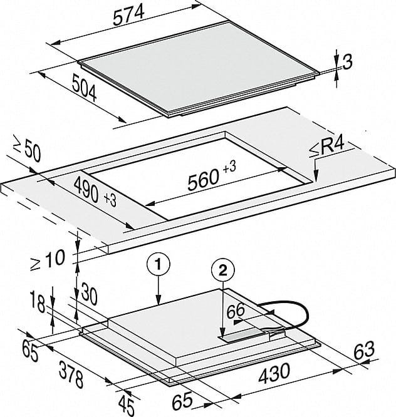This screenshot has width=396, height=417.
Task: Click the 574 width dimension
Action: click(128, 15)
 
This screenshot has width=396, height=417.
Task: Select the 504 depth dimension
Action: click(85, 88)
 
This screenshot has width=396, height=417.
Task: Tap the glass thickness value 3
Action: click(347, 62)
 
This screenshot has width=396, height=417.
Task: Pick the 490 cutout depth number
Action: click(86, 190)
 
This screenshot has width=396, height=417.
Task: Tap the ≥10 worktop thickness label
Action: click(48, 260)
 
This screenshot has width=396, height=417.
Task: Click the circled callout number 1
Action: click(158, 265)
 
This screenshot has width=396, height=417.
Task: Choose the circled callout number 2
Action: click(223, 270)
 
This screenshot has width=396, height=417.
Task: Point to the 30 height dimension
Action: click(88, 294)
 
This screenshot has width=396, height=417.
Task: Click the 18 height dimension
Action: click(38, 302)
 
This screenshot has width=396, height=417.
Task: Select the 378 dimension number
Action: click(71, 374)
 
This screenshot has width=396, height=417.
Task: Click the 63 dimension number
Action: click(364, 351)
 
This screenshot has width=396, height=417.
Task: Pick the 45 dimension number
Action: click(127, 404)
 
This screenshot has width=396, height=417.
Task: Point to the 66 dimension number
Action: click(236, 311)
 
